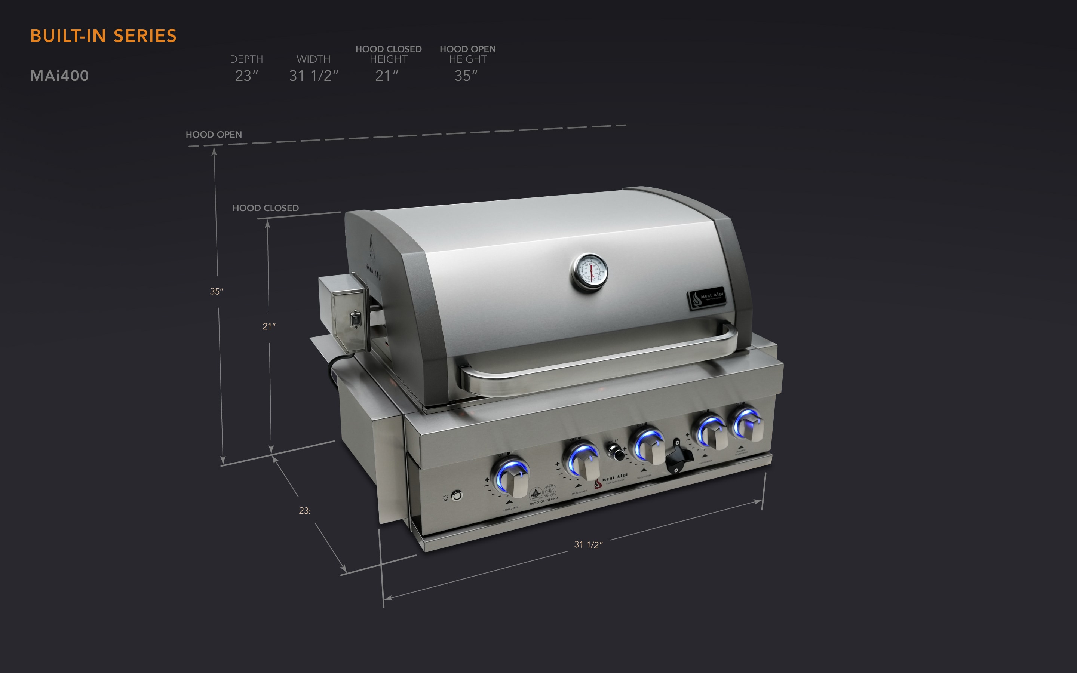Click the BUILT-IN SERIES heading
[103, 36]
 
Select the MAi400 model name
[59, 76]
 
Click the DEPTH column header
[246, 59]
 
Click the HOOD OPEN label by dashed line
[214, 135]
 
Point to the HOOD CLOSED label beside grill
[266, 208]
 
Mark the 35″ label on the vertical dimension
[216, 292]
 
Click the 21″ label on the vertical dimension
[269, 327]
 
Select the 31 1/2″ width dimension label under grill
[588, 545]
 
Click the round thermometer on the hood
[590, 272]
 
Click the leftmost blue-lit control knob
[512, 479]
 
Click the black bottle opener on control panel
[677, 458]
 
